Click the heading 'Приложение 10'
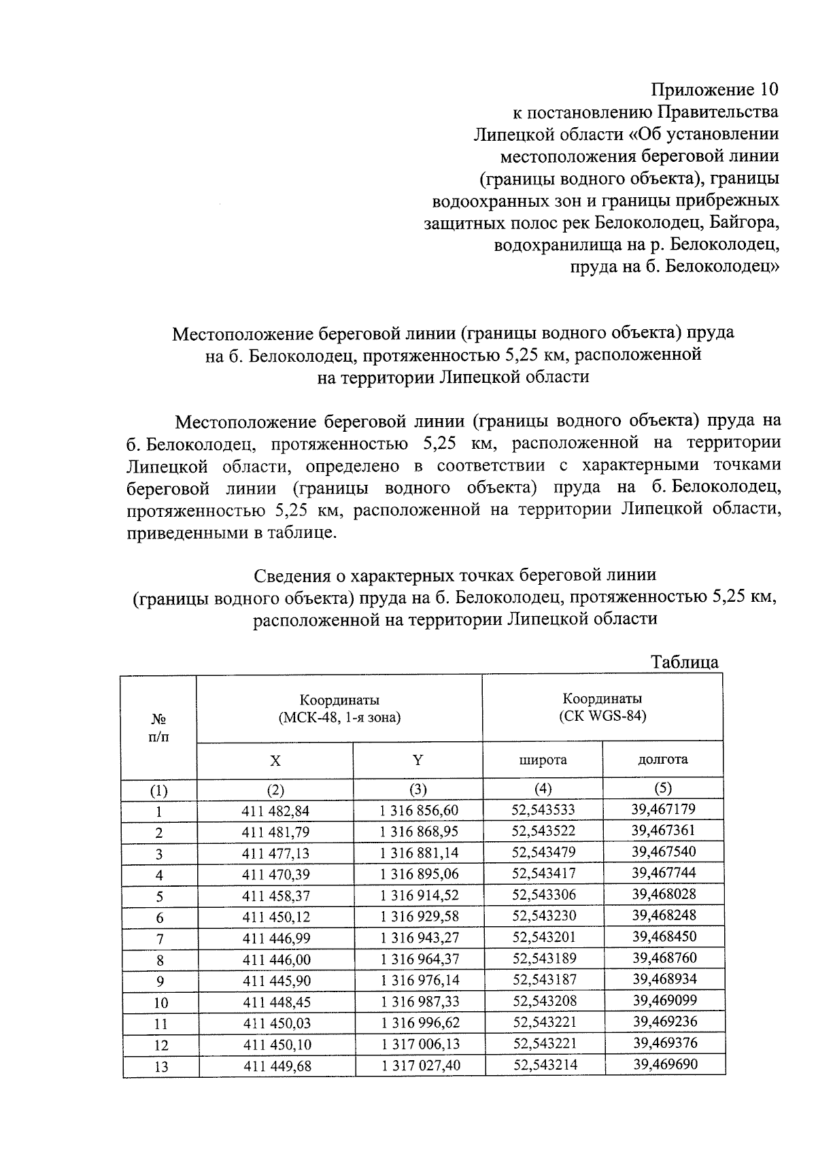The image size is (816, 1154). click(x=715, y=90)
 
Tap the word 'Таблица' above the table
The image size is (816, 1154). click(x=684, y=662)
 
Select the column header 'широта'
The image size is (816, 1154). click(x=543, y=760)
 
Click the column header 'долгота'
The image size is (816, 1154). click(x=662, y=760)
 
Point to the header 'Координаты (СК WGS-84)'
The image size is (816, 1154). click(x=602, y=707)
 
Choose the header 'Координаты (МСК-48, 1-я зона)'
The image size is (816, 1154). click(x=339, y=709)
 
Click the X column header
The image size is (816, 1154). click(x=275, y=761)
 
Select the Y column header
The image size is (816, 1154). click(x=418, y=760)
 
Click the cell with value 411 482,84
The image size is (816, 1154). click(x=275, y=811)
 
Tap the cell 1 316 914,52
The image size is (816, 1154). click(x=420, y=896)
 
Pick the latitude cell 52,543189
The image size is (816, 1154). click(x=544, y=958)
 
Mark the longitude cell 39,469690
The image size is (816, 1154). click(x=665, y=1064)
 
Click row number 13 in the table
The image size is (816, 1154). click(x=160, y=1067)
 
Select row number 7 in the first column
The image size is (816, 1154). click(x=160, y=939)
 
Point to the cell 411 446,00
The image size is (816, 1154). click(x=276, y=960)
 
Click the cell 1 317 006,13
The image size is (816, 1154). click(x=420, y=1044)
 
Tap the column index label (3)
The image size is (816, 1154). click(x=418, y=790)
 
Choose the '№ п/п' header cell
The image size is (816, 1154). click(x=159, y=728)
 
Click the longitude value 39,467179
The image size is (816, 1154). click(x=663, y=809)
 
